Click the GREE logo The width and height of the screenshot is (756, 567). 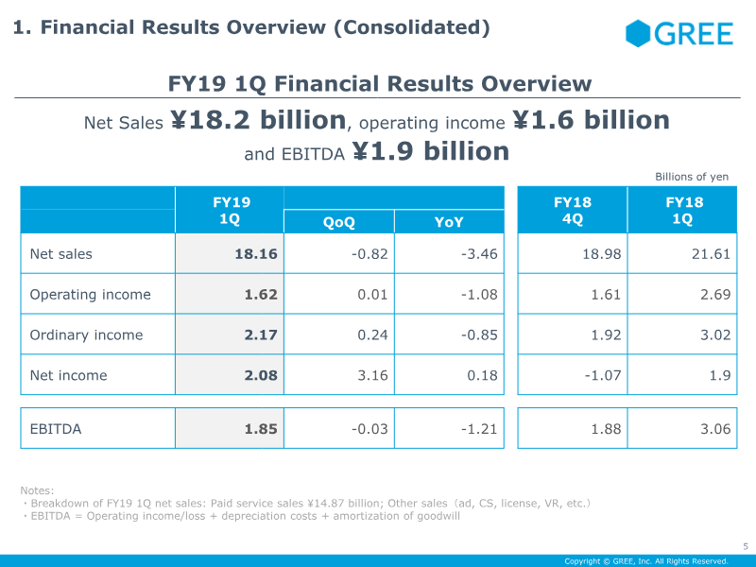click(679, 35)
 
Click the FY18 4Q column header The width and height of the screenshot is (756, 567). click(572, 210)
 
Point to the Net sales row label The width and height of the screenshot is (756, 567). click(61, 254)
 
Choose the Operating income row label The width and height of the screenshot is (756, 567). click(90, 295)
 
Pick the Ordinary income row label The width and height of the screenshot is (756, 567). click(86, 335)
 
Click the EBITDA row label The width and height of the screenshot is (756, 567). click(56, 429)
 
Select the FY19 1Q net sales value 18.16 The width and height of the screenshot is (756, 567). click(256, 254)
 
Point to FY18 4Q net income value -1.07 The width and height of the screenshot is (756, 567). click(602, 375)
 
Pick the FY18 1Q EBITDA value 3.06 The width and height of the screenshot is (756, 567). click(713, 429)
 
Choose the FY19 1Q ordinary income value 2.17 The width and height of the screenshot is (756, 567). click(261, 335)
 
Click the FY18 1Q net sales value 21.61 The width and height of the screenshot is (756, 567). click(711, 254)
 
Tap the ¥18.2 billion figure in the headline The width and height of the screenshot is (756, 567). click(258, 120)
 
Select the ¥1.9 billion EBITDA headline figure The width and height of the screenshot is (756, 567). click(431, 151)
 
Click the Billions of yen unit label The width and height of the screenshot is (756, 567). click(692, 177)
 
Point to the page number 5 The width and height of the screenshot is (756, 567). click(745, 545)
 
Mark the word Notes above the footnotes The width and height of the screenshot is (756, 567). click(38, 490)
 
